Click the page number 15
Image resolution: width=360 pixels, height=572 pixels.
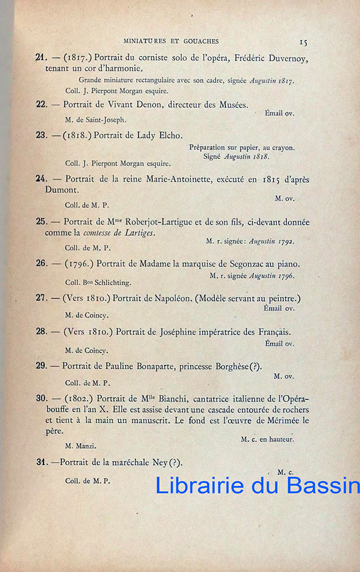pos(303,42)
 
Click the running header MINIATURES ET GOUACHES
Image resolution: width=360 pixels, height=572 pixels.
pos(171,41)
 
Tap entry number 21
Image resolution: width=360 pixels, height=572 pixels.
pos(41,57)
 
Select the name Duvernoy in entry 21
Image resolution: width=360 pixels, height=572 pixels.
pos(287,57)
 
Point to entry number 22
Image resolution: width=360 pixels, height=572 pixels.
pos(41,104)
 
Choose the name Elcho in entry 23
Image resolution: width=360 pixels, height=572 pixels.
pos(170,136)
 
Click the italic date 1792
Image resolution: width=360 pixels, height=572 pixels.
pos(284,241)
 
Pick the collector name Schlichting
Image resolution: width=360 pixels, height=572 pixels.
pos(113,283)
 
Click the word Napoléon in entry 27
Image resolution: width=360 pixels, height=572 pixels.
pos(173,298)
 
